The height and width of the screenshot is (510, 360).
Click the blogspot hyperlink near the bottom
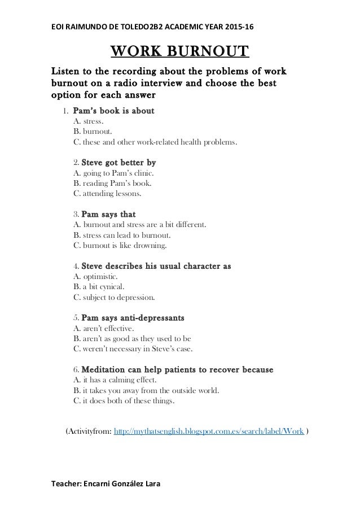coord(210,431)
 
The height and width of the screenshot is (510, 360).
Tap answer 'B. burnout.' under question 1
coord(92,131)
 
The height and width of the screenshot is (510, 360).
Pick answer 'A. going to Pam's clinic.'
coord(113,173)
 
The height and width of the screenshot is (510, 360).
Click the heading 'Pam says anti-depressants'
coord(133,319)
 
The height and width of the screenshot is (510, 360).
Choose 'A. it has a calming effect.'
coord(121,381)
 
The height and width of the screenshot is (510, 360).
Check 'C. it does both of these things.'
coord(124,401)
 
